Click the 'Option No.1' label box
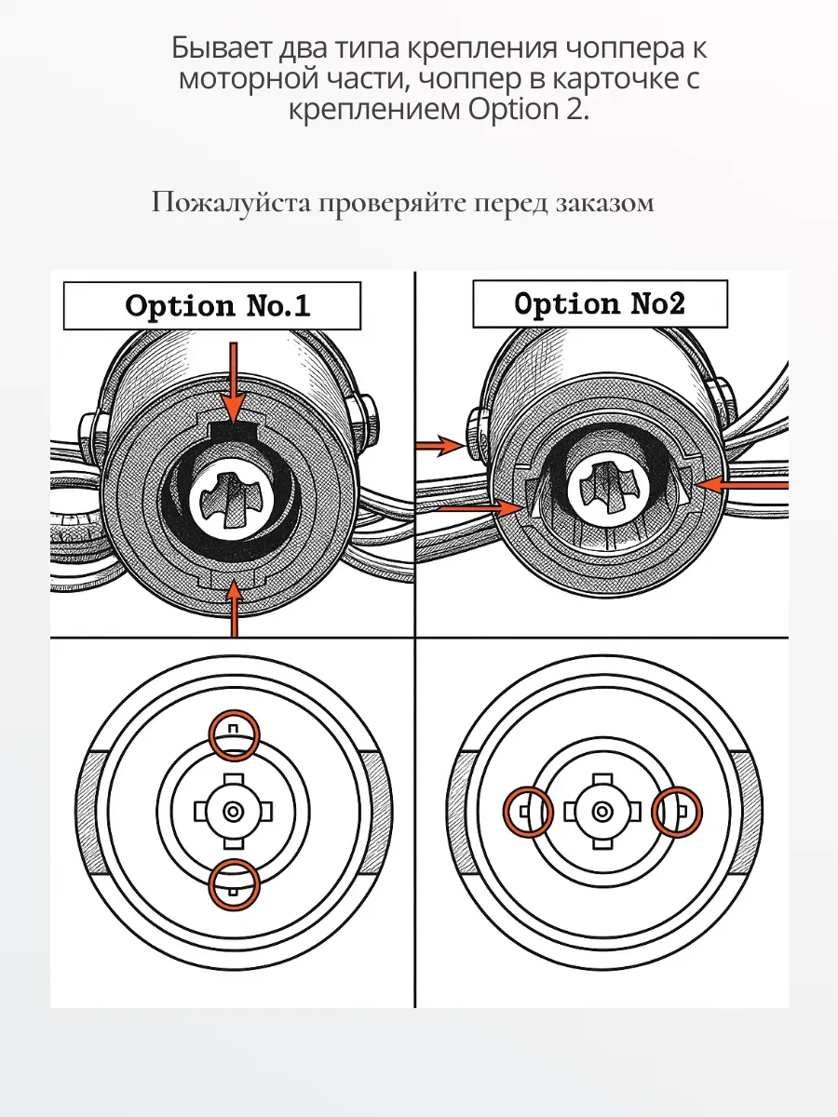[x=212, y=305]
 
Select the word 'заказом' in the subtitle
[x=607, y=203]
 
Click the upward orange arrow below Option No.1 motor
[x=232, y=610]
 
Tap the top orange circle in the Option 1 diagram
[x=233, y=734]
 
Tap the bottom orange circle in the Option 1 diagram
[x=233, y=883]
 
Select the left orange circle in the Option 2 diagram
[x=528, y=813]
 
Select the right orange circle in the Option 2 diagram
[x=677, y=812]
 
